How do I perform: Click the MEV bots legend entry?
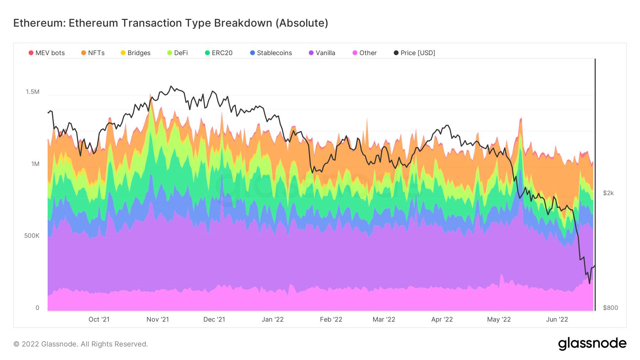coord(47,53)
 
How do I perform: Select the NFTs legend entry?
coord(93,53)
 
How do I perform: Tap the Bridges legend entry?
coord(135,53)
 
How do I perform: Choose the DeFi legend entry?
coord(177,53)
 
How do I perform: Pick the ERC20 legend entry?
coord(219,53)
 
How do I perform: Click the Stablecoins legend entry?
coord(271,53)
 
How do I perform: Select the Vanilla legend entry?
coord(322,53)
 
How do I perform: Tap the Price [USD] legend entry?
coord(414,53)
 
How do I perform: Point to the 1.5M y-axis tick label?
coord(33,92)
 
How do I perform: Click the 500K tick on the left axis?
coord(32,236)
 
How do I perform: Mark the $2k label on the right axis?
coord(608,193)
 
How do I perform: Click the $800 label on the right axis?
coord(610,308)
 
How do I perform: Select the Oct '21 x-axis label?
coord(99,319)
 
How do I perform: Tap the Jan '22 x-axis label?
coord(273,319)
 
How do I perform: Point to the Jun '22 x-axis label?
coord(557,319)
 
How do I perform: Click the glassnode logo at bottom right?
coord(592,344)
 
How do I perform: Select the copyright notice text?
coord(81,344)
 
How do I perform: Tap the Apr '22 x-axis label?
coord(442,319)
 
